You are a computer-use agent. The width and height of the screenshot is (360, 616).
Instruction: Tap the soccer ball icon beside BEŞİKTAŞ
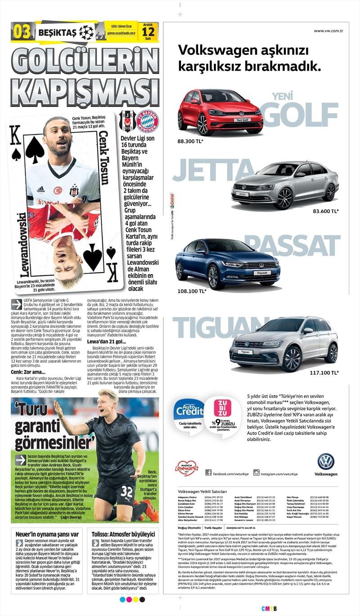coord(86,31)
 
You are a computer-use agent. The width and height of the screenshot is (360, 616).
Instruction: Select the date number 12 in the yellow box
coord(148,32)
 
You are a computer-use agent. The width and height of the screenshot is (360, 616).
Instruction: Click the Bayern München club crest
coord(147,121)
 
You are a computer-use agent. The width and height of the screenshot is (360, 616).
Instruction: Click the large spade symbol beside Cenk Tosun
coord(35,149)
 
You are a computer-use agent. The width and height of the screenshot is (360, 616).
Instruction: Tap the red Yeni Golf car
coord(220,111)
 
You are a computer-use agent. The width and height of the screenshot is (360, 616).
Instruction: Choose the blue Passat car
coord(227,263)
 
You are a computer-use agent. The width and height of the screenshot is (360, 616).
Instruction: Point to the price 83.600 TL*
coord(326,210)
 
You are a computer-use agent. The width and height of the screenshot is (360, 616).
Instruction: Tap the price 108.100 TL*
coord(192,291)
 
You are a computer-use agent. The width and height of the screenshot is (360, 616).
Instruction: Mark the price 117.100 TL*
coord(324,373)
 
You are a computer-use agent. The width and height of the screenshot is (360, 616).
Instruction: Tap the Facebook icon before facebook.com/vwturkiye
coord(208,472)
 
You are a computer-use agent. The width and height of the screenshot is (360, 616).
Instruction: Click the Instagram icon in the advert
coord(256,472)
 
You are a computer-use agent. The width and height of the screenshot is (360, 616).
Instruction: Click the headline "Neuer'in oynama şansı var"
coord(47,534)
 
